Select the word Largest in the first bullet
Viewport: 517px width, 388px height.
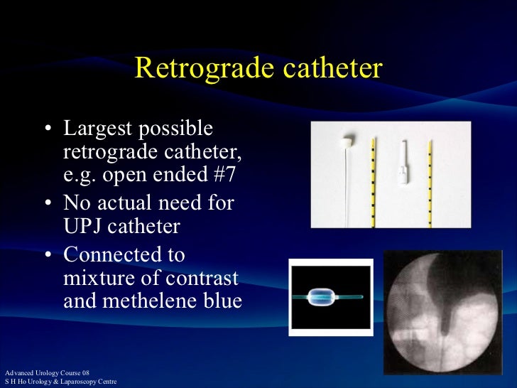coord(95,129)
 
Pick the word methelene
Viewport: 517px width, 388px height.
coord(148,301)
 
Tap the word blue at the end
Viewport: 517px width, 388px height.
coord(219,301)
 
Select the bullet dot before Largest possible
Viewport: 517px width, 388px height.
coord(48,130)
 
